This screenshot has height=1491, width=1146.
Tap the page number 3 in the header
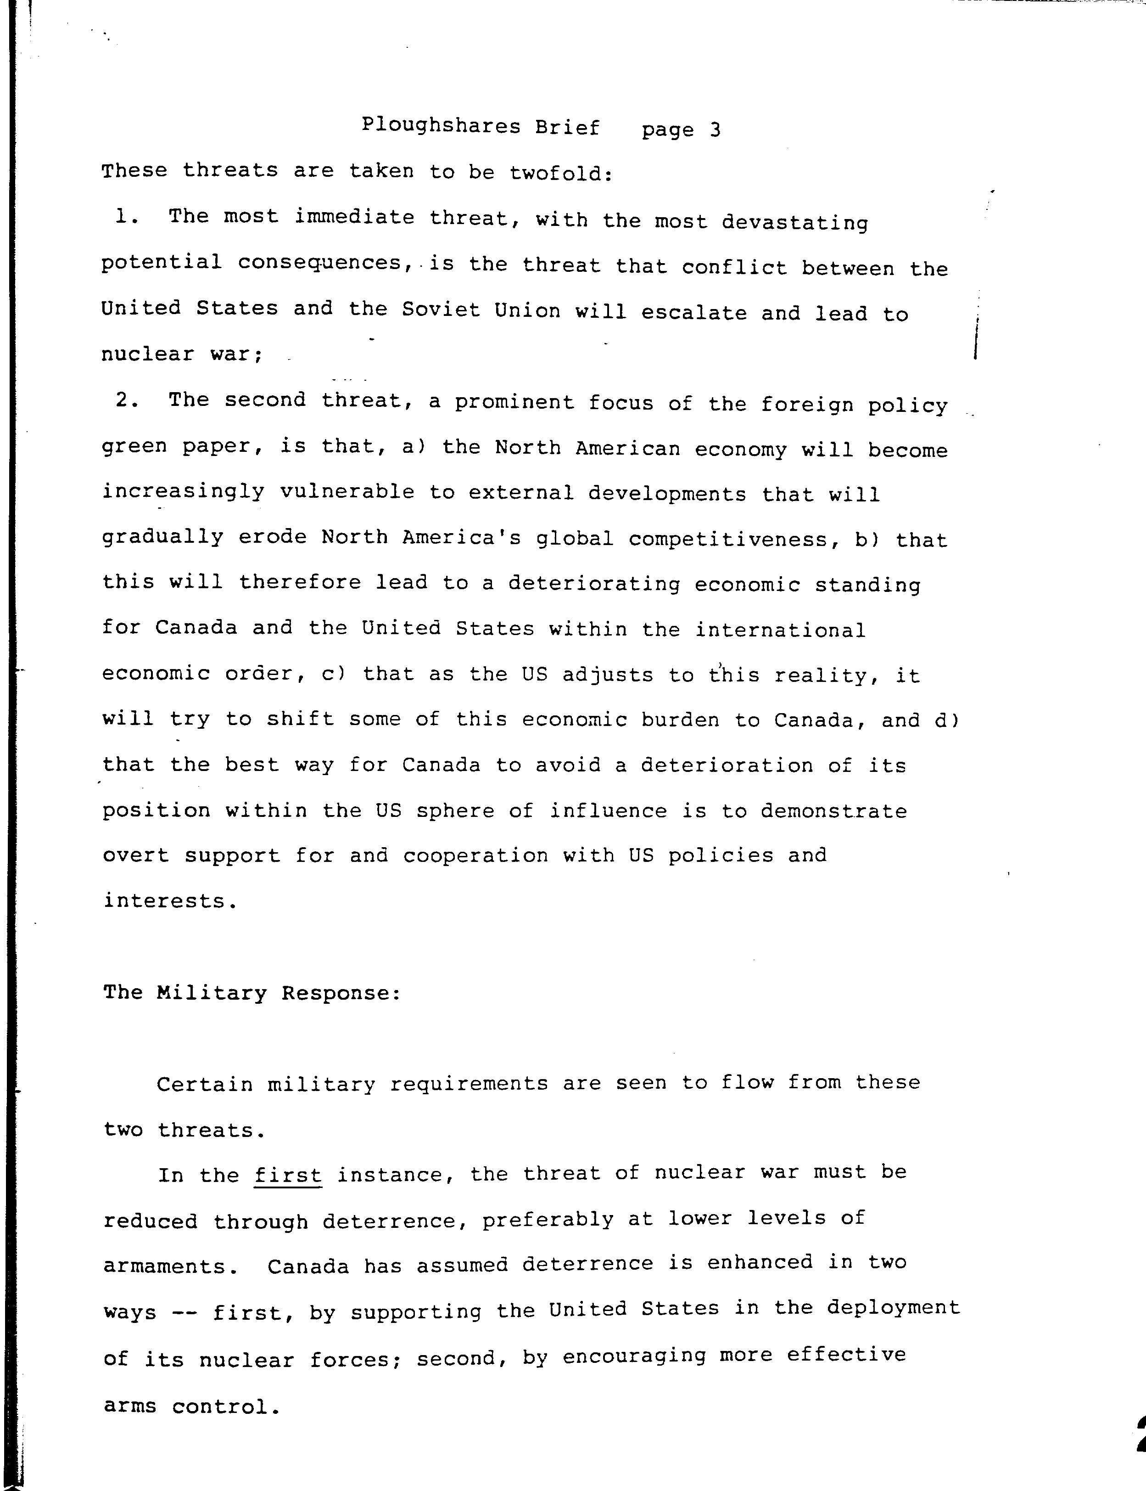pyautogui.click(x=714, y=129)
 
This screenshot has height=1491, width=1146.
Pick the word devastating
pyautogui.click(x=795, y=222)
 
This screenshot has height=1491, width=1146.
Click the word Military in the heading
pyautogui.click(x=212, y=992)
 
